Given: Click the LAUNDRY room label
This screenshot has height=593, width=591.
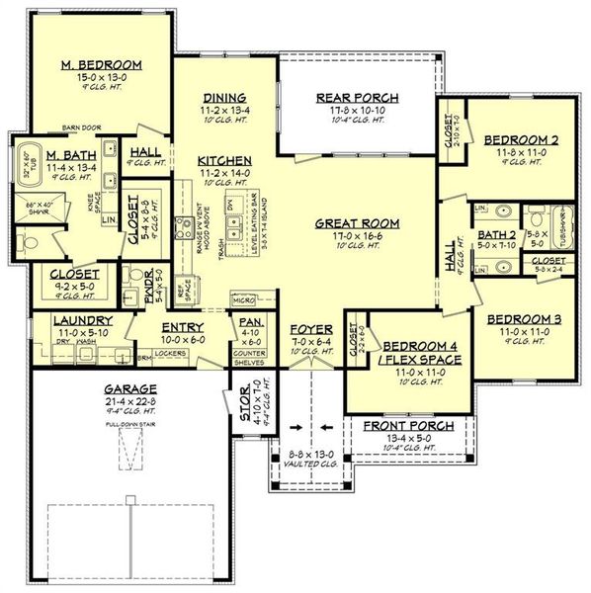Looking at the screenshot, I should pos(69,321).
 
